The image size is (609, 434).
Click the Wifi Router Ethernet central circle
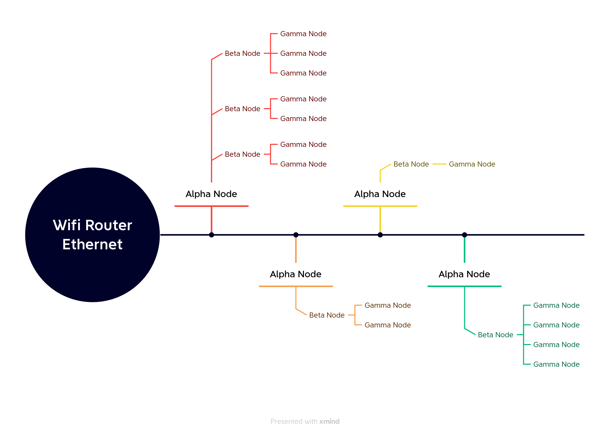93,235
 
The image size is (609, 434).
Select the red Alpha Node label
211,194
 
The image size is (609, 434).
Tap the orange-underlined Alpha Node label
295,274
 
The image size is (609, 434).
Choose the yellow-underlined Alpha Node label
380,194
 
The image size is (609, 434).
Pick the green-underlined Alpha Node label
464,274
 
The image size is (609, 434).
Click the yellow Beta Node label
411,164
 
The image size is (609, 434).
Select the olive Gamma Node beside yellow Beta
472,164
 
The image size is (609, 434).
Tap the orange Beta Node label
327,315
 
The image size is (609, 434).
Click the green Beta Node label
495,335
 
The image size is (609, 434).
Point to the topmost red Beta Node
242,54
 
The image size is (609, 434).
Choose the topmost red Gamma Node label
303,34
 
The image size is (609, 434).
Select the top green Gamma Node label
556,305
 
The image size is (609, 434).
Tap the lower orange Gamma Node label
387,325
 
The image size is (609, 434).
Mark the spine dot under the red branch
211,235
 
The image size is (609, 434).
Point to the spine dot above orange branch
296,235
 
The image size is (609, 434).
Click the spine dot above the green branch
464,235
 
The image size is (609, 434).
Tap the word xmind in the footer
329,421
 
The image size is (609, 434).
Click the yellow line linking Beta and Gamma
439,164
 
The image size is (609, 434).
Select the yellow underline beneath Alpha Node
380,206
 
